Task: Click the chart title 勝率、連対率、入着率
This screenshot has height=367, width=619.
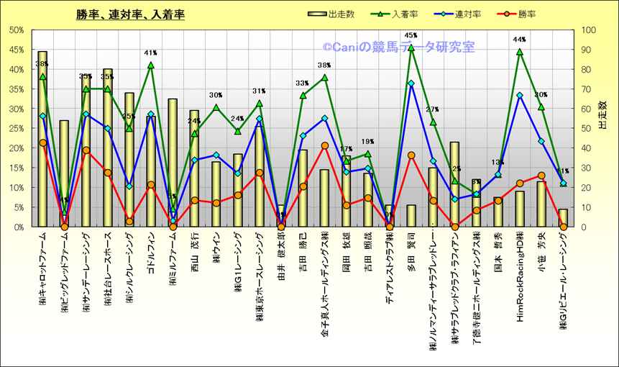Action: [130, 14]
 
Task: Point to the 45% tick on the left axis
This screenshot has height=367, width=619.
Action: [15, 50]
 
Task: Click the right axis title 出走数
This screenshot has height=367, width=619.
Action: [602, 115]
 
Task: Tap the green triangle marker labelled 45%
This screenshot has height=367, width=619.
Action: [411, 48]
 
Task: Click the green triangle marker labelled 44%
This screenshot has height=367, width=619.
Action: [520, 52]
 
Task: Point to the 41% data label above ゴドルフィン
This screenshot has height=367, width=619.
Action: [151, 53]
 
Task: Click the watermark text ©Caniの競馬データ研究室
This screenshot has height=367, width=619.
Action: [398, 47]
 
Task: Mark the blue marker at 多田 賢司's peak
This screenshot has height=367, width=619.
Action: [411, 83]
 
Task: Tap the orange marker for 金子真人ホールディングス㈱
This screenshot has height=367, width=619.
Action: [324, 145]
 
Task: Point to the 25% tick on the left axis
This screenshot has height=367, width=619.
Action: [15, 128]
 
